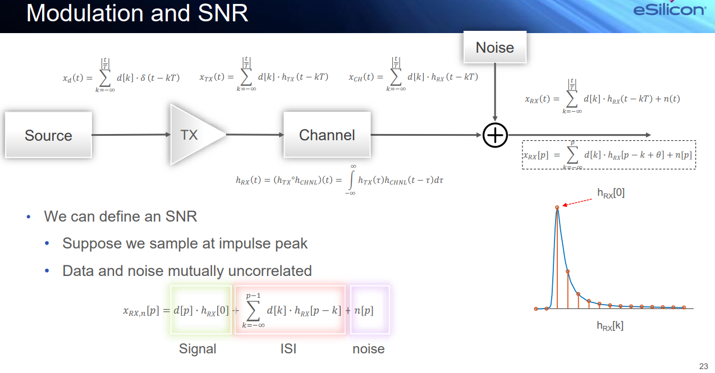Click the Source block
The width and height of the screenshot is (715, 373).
click(48, 135)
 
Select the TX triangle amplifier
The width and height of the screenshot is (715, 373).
click(194, 135)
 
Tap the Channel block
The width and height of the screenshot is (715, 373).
click(327, 135)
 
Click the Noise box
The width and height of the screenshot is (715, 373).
click(494, 48)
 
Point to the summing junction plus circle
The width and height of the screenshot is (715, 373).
click(495, 135)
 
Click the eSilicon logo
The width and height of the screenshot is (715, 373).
click(669, 10)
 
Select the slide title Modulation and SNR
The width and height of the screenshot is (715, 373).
click(137, 12)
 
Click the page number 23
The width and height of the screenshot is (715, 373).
click(703, 366)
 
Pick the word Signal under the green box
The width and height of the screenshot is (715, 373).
click(198, 349)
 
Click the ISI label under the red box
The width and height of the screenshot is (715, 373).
click(288, 349)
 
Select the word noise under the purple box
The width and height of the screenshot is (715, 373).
click(368, 349)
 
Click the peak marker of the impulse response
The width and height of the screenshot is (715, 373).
click(557, 208)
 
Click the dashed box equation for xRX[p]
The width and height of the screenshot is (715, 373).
click(609, 155)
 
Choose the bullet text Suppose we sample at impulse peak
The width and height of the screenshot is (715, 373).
click(185, 243)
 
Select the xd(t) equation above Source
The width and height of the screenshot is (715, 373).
click(121, 77)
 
